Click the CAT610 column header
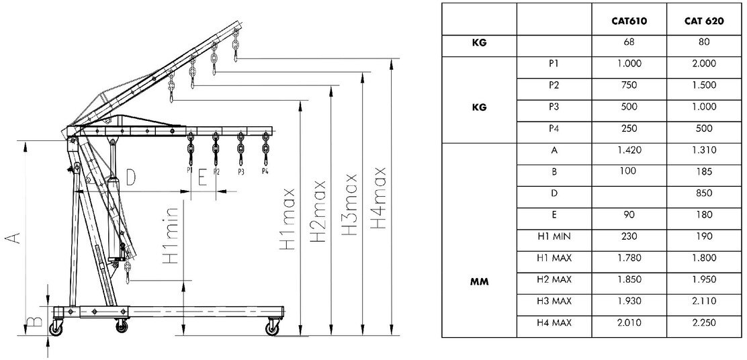coord(629,21)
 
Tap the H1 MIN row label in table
coord(554,236)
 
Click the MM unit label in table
coord(478,281)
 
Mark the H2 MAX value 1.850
coord(629,279)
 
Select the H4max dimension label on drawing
coord(380,198)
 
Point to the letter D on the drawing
coord(130,177)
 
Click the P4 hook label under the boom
coord(265,171)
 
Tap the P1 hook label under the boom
coord(190,171)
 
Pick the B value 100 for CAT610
coord(629,172)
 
